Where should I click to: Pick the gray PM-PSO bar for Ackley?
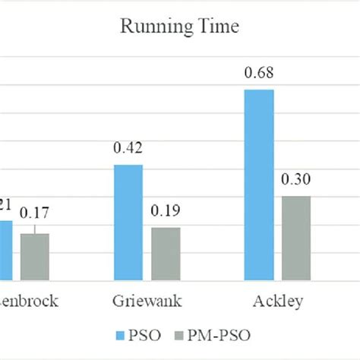(x=296, y=238)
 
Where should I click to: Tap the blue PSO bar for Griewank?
(x=128, y=222)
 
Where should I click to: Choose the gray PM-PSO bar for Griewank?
(x=166, y=253)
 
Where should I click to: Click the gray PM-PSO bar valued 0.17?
(x=34, y=256)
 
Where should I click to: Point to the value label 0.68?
(x=259, y=74)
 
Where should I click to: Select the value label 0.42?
(x=128, y=149)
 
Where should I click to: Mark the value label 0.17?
(x=34, y=212)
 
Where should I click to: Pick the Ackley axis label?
(x=277, y=301)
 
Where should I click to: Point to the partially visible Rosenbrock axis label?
(x=28, y=301)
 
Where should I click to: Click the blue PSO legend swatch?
(x=120, y=335)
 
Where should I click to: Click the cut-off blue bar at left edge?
(x=6, y=250)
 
